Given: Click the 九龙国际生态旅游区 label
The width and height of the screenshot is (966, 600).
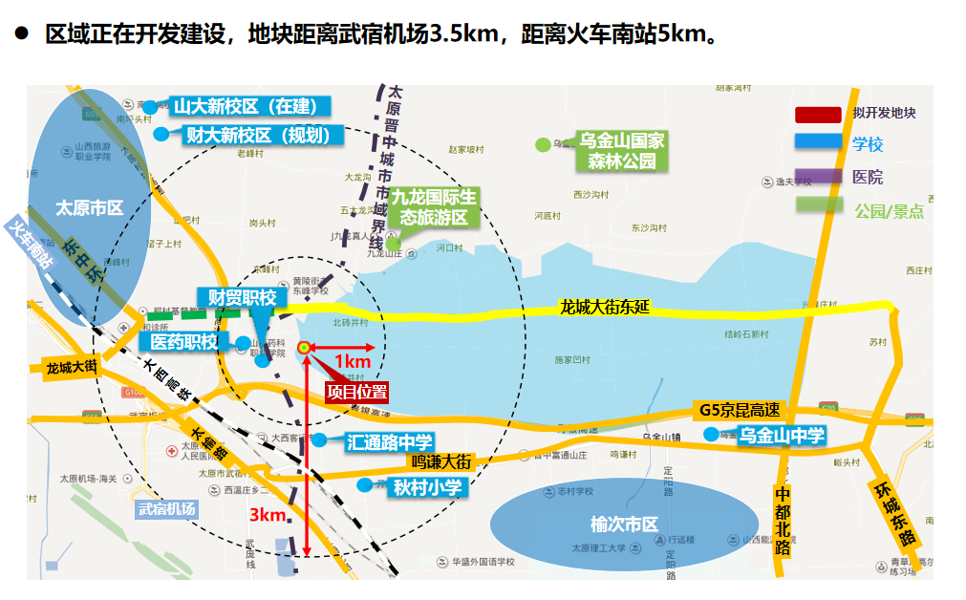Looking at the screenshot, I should (x=432, y=207).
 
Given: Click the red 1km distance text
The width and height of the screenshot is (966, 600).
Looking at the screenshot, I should (x=352, y=361).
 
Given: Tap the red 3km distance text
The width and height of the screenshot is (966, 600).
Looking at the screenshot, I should (x=268, y=515).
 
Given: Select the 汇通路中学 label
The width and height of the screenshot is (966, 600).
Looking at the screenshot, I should (x=389, y=441).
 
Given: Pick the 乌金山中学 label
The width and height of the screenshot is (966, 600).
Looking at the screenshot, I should (x=782, y=436).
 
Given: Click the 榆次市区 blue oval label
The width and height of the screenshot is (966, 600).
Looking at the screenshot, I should (x=625, y=525).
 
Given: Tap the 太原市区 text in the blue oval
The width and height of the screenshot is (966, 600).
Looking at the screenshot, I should (x=90, y=208).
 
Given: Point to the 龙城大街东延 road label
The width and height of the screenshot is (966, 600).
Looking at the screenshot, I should (x=605, y=308).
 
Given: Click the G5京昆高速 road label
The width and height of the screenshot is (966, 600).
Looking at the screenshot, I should (x=740, y=410).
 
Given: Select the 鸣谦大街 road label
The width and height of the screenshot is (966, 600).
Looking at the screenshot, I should (x=441, y=461).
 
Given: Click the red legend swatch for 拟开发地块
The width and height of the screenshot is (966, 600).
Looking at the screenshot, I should (x=819, y=115).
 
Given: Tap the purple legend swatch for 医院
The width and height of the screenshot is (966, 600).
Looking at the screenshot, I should (x=819, y=177).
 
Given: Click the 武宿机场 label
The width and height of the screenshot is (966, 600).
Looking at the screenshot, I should (x=166, y=509).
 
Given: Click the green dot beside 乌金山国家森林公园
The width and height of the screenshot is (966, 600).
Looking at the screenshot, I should (x=543, y=145).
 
